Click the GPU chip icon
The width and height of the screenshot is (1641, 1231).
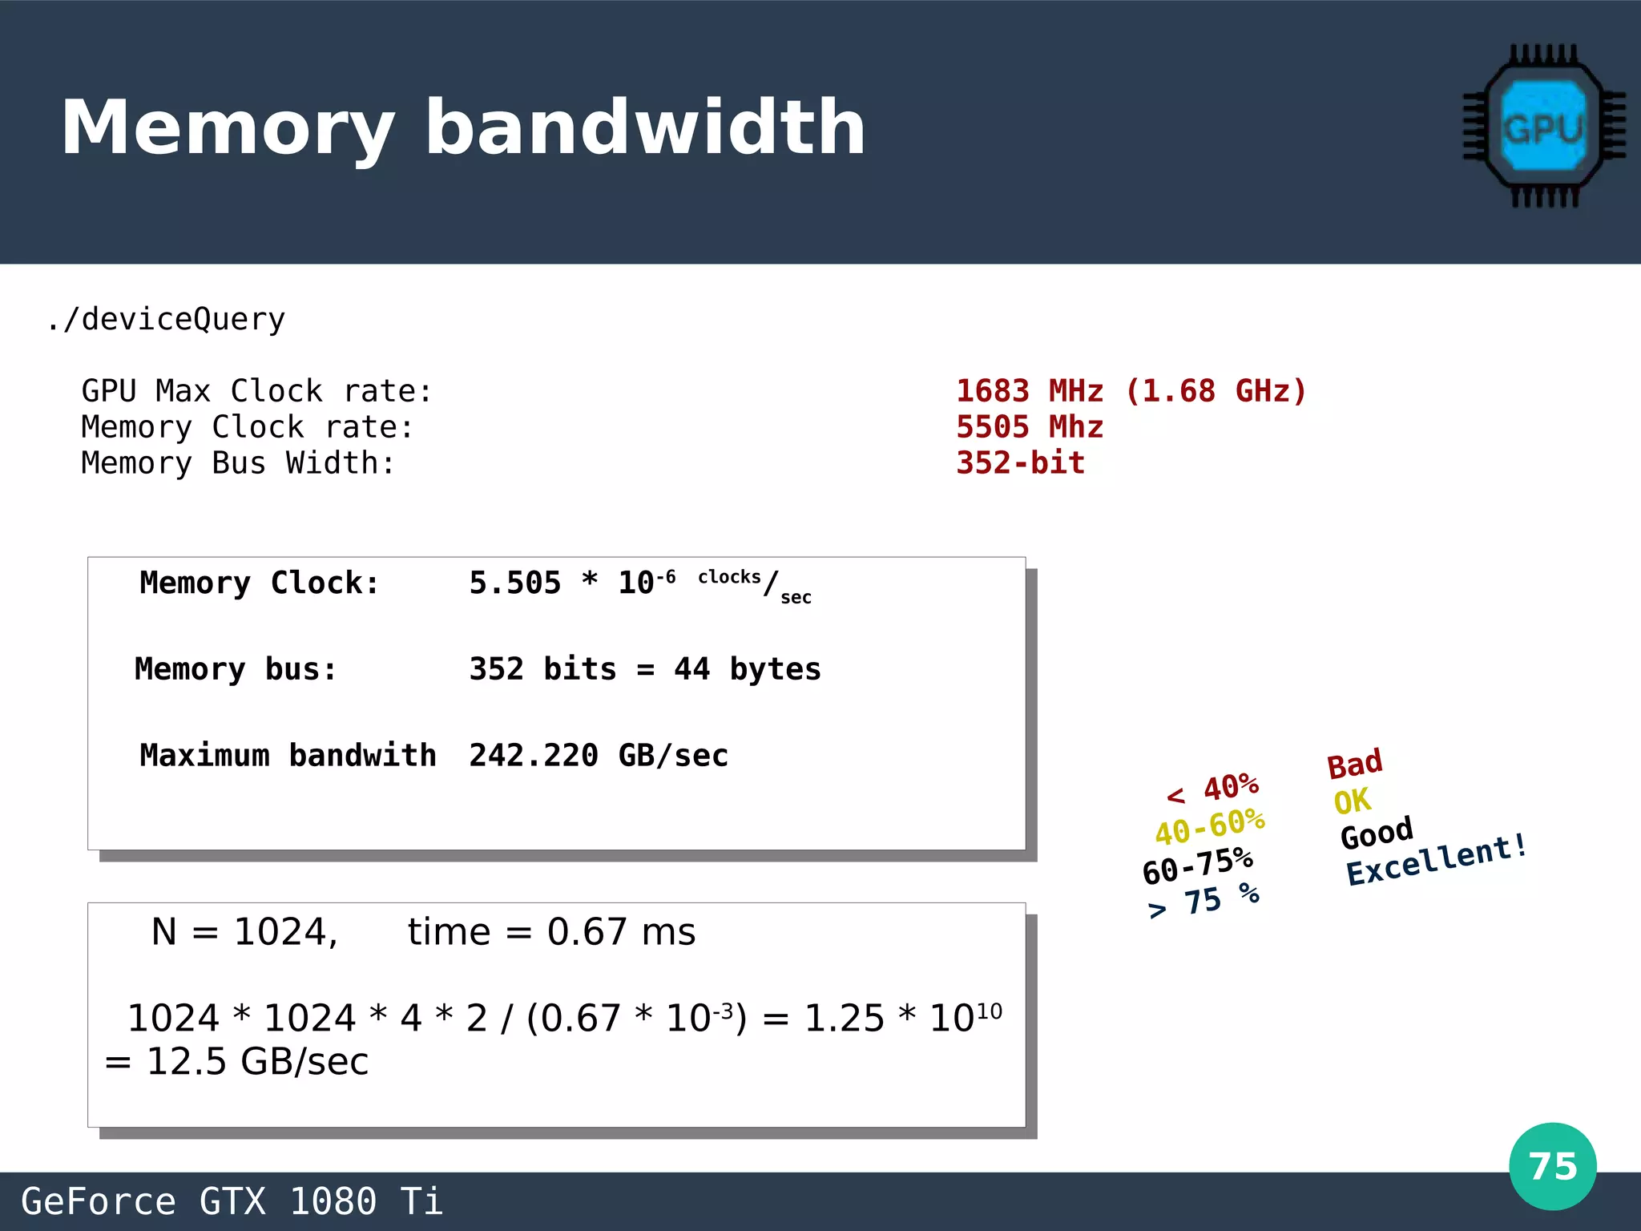[1543, 127]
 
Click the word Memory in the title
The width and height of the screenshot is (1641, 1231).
[228, 128]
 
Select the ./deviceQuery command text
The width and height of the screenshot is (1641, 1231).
[166, 319]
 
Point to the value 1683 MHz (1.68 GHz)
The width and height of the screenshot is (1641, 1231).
[1131, 391]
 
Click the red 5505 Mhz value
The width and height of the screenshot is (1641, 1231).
[1030, 427]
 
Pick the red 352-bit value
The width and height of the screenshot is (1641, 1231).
[1020, 463]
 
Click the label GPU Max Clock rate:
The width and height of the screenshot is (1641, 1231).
[256, 391]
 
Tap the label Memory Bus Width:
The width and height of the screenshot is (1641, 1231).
[238, 463]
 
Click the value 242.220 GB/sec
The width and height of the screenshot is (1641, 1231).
[599, 756]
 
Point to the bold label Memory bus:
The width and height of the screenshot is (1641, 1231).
[236, 669]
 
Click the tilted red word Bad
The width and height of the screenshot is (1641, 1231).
[1355, 764]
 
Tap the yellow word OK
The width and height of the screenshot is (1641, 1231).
[1352, 801]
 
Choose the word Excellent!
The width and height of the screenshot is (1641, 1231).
[1436, 860]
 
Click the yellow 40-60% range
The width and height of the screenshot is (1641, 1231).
[1210, 827]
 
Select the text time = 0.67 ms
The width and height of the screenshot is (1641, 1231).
[551, 932]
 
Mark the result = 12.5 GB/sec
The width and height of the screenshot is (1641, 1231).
[237, 1062]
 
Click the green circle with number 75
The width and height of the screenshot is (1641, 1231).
[1552, 1166]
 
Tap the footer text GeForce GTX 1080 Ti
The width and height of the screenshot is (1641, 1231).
[232, 1201]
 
